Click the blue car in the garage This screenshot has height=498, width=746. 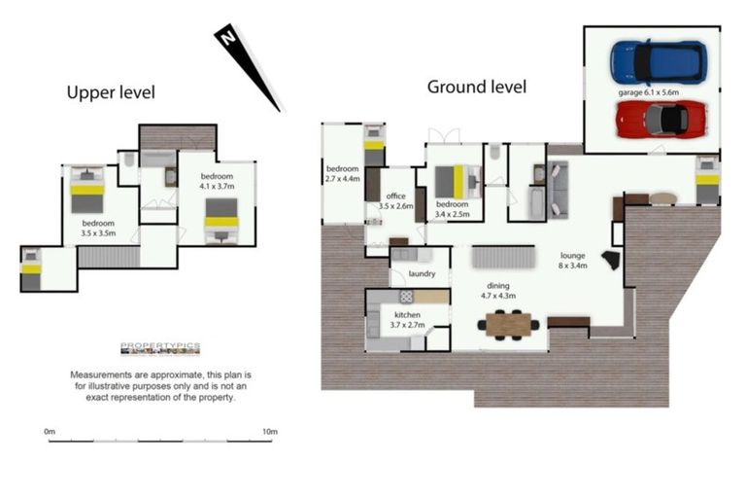[658, 62]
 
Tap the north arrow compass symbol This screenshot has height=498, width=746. [245, 66]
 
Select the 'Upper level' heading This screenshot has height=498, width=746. [111, 93]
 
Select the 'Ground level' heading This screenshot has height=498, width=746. [477, 87]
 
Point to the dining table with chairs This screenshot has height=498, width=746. [509, 323]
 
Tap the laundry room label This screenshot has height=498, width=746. [421, 274]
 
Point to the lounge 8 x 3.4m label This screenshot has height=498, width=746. [572, 262]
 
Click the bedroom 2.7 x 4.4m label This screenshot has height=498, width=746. [342, 174]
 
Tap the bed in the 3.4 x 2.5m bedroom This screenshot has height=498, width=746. [456, 182]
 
